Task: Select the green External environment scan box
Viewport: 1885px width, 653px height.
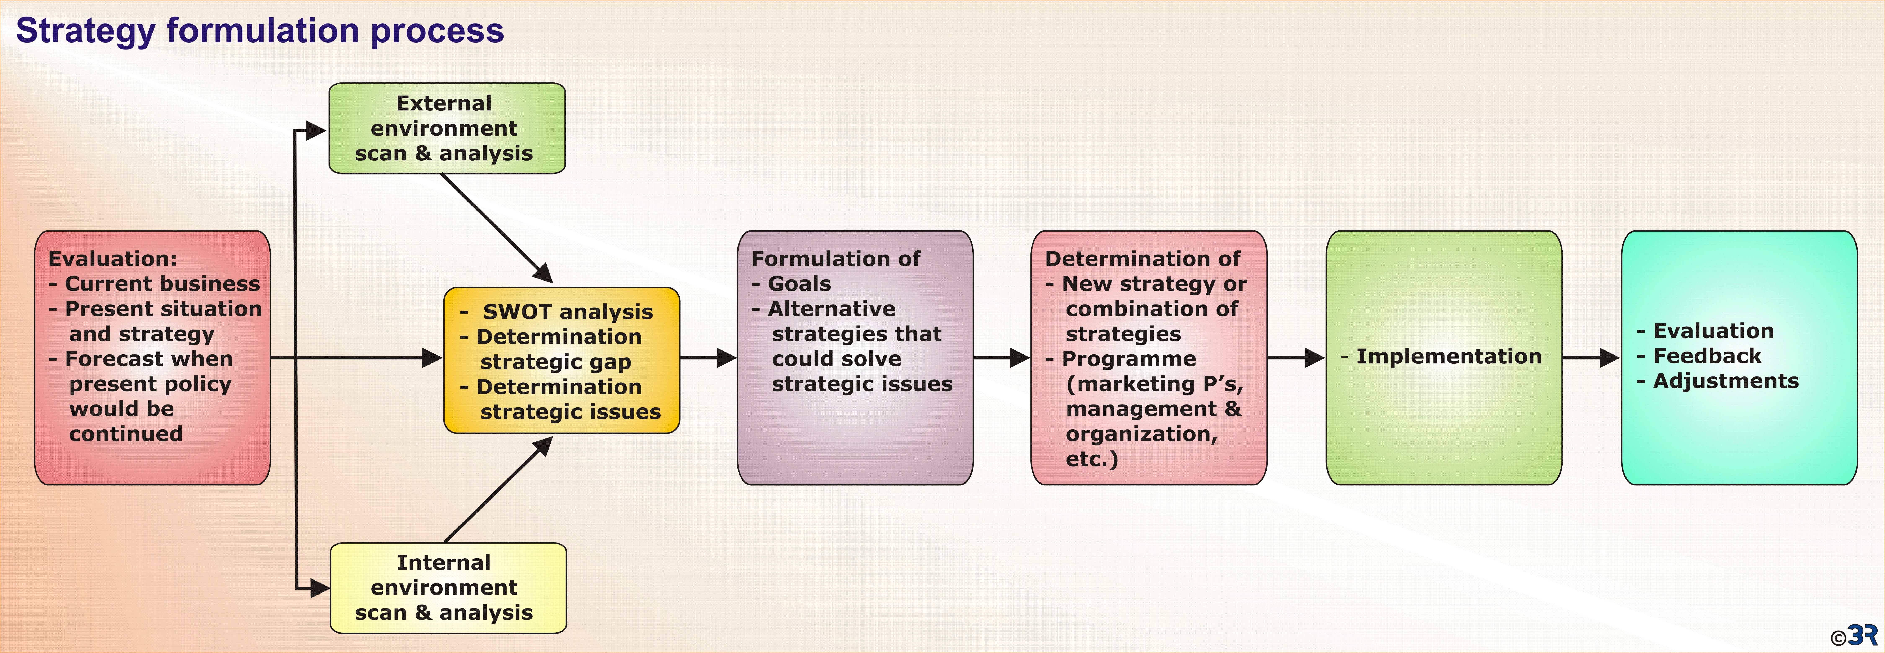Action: (447, 128)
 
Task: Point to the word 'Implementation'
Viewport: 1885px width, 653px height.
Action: (1449, 357)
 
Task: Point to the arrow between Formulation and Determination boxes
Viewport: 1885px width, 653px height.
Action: (1002, 358)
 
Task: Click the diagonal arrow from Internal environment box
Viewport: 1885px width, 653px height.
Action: (498, 489)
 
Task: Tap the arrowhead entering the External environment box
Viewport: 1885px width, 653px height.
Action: (316, 131)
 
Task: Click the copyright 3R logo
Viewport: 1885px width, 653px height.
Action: (1854, 635)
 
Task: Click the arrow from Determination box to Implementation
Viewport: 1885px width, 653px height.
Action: (1296, 358)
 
